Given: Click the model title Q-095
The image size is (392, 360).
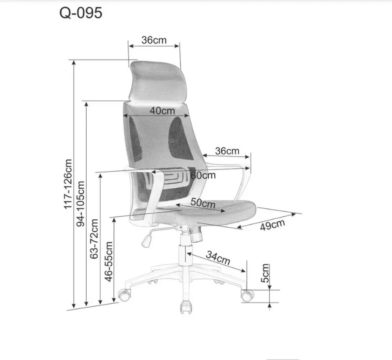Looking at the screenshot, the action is pos(81,13).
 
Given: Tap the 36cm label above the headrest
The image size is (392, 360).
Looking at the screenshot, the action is pos(154,40).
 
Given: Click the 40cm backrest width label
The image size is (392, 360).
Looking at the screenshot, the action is pos(162,110).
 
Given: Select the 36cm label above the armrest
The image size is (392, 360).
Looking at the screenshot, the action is pos(227,151).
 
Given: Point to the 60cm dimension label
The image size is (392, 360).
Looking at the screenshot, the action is pos(203,175).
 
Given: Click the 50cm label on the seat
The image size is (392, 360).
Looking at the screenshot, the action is pos(203,203).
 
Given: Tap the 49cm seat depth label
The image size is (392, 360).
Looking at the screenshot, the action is pos(272,225).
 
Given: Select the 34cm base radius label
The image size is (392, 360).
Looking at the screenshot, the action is pos(218,258).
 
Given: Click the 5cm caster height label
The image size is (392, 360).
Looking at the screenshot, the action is pos(265,273).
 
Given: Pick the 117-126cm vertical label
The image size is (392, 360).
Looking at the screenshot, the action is pos(68,184).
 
